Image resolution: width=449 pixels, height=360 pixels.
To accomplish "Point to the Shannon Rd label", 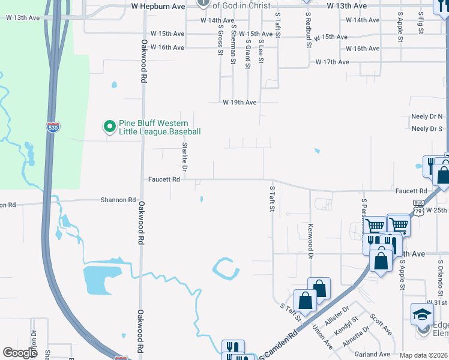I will click(x=118, y=200).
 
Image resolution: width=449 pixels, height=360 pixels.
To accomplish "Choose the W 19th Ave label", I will click(x=240, y=103).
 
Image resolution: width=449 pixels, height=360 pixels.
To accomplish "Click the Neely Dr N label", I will click(x=427, y=116).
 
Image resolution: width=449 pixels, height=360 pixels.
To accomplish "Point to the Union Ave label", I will click(x=322, y=337).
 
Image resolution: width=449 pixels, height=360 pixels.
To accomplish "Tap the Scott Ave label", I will click(x=381, y=325).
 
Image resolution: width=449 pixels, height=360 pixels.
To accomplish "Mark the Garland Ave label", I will click(x=372, y=355).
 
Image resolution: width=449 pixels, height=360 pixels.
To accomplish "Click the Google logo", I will click(x=20, y=353).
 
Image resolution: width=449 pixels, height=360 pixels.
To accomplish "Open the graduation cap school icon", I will click(x=422, y=314).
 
